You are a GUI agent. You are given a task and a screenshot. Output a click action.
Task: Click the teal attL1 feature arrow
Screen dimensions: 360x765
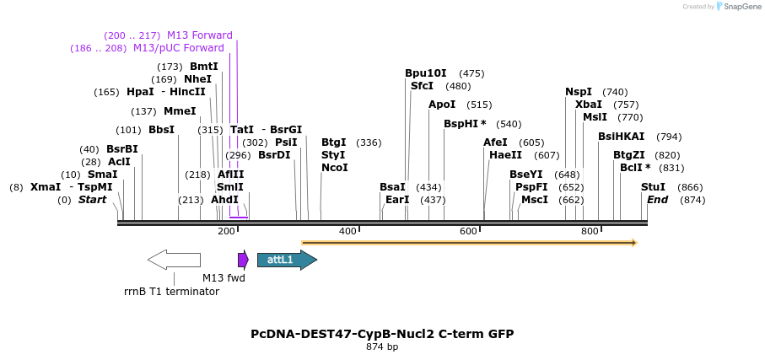(286, 260)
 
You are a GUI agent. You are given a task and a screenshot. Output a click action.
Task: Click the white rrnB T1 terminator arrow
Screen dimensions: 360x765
(174, 260)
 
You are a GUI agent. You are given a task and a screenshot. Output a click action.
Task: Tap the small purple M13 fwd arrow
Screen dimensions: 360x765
(243, 260)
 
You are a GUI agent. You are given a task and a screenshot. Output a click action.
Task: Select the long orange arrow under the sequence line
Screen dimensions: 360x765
(469, 243)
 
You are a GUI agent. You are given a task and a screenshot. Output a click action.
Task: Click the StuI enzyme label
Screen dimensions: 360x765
(653, 187)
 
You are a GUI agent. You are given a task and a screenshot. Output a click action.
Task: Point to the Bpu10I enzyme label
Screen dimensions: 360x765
(426, 73)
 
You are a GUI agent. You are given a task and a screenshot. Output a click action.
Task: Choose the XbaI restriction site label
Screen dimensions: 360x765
(589, 105)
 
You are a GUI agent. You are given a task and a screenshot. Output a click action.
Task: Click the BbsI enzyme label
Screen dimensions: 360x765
(161, 130)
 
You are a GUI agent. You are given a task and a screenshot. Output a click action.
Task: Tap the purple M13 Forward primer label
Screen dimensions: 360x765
(199, 35)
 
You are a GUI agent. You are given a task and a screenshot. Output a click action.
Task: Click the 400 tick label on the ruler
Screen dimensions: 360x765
(347, 231)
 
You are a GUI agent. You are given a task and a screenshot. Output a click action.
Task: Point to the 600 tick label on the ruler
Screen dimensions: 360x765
(468, 231)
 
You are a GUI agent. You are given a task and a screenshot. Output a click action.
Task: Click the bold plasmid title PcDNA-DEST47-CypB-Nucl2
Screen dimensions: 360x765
(382, 334)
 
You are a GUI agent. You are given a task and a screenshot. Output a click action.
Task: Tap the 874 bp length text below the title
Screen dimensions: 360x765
(382, 347)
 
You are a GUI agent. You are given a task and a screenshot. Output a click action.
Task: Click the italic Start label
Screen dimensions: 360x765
(92, 200)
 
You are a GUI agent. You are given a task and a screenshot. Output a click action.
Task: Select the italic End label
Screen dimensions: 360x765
(657, 200)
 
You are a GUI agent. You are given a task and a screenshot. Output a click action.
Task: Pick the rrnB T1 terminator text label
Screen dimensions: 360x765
(171, 292)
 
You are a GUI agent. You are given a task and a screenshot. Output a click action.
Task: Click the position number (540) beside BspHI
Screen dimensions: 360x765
(509, 124)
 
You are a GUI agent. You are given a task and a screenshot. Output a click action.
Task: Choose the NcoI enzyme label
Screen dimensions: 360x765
(335, 168)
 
